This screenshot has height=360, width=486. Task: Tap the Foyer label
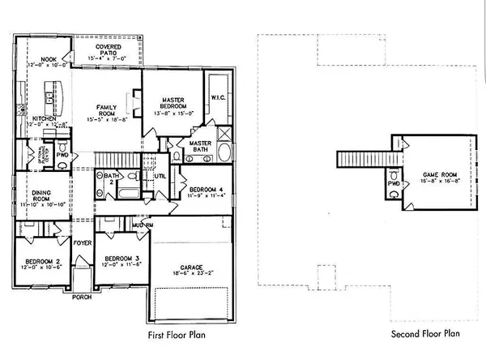click(82, 242)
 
